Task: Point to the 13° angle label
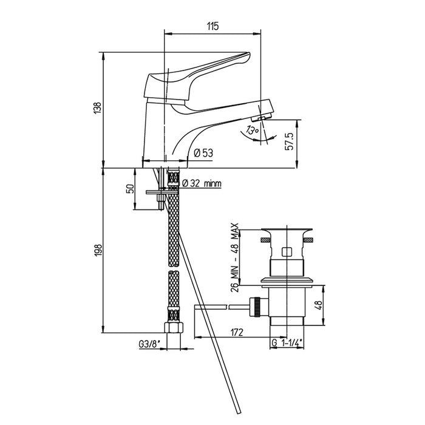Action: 252,131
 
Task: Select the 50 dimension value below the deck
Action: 129,189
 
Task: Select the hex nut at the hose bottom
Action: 174,328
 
